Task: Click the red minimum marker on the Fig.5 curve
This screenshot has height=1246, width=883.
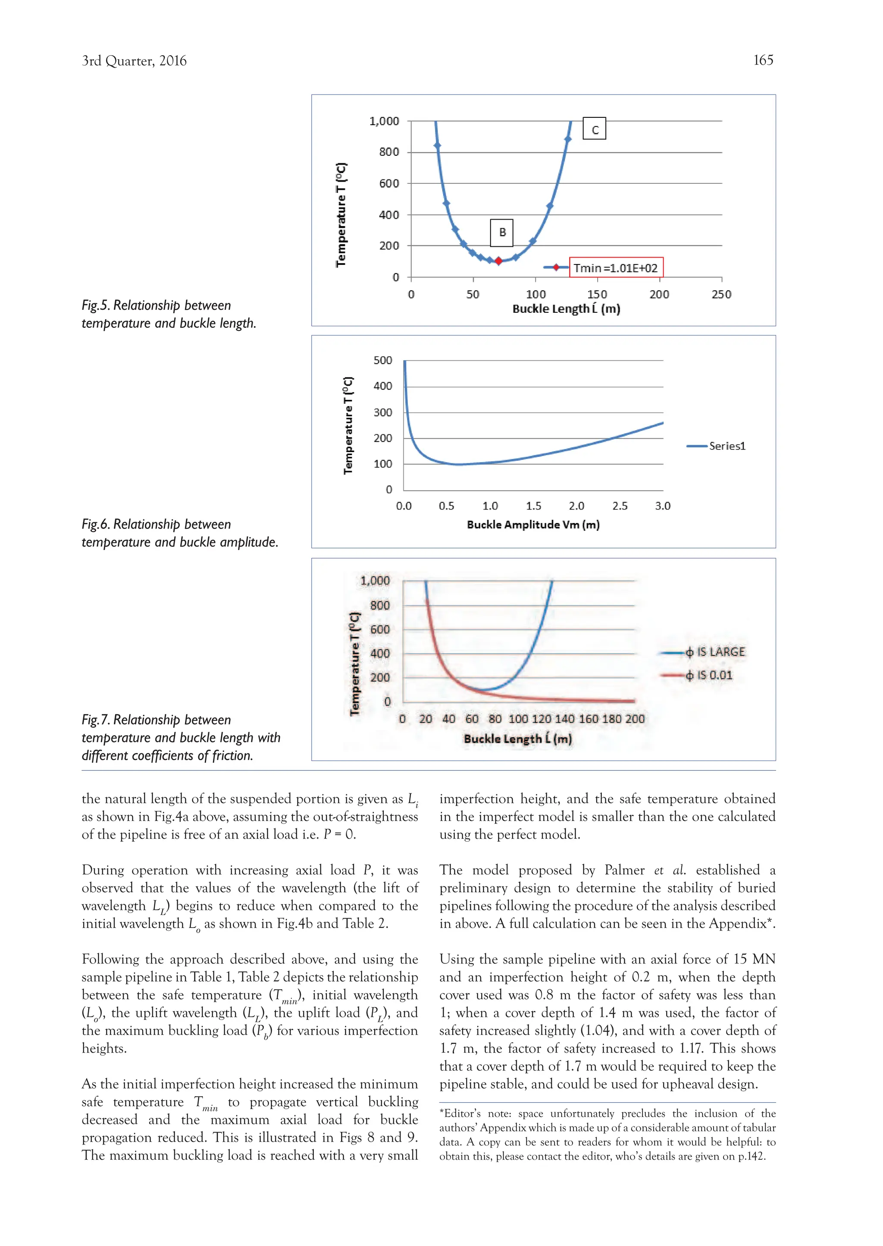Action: pyautogui.click(x=498, y=261)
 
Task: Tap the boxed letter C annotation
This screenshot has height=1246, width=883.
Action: pyautogui.click(x=594, y=129)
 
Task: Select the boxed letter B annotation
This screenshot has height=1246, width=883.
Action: pyautogui.click(x=502, y=233)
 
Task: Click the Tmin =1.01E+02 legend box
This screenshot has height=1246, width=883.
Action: pyautogui.click(x=616, y=267)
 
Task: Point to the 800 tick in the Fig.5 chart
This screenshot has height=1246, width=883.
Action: pyautogui.click(x=389, y=152)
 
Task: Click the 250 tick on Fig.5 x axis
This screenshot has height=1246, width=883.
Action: pyautogui.click(x=721, y=294)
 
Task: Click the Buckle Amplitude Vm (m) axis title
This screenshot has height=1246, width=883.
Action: pyautogui.click(x=533, y=525)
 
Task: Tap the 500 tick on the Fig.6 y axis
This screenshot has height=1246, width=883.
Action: pyautogui.click(x=383, y=360)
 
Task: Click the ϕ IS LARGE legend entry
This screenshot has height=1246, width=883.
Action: pyautogui.click(x=702, y=652)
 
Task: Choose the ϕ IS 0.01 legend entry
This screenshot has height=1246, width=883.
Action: pyautogui.click(x=698, y=675)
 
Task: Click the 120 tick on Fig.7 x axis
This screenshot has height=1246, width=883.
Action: pyautogui.click(x=541, y=719)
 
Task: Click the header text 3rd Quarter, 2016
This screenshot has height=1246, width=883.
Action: pyautogui.click(x=134, y=61)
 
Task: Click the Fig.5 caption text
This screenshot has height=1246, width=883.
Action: pyautogui.click(x=169, y=314)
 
